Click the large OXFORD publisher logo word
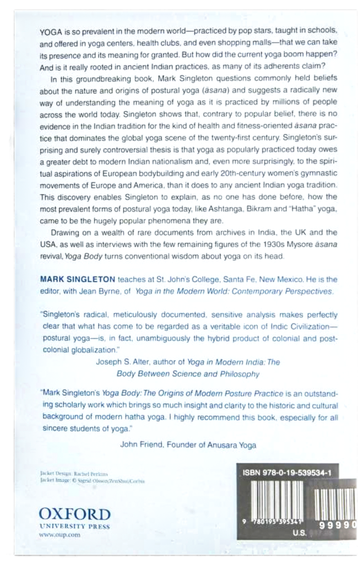[75, 513]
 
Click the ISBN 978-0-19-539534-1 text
[291, 473]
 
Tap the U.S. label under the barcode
[298, 534]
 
